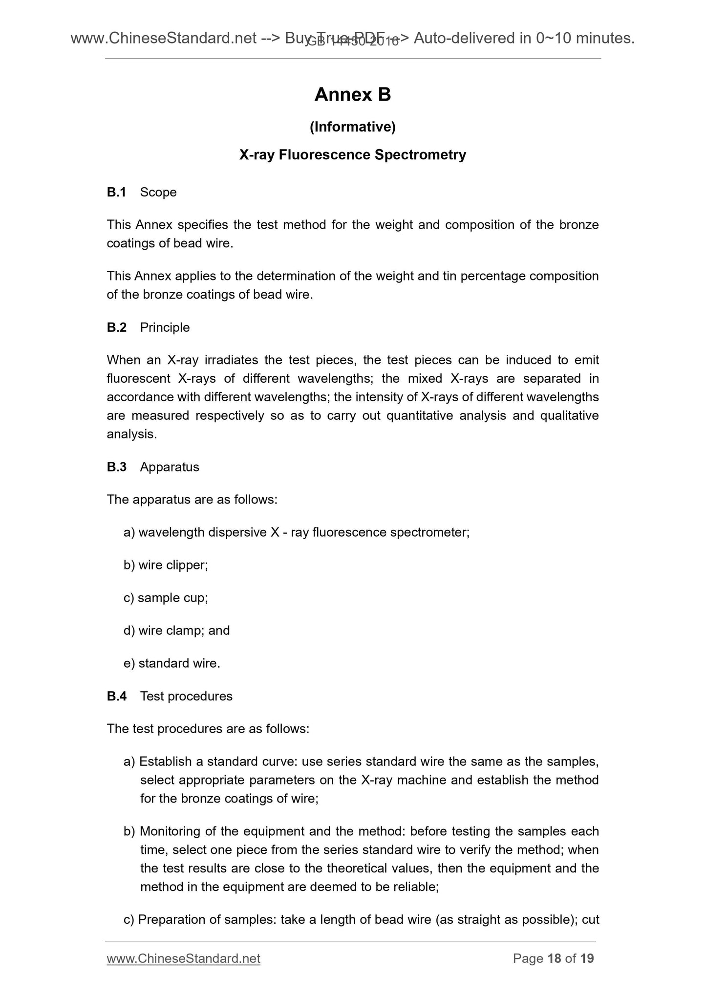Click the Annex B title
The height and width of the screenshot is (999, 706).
coord(352,95)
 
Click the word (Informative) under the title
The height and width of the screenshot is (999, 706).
coord(352,127)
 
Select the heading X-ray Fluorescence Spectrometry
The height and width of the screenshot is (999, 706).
coord(352,155)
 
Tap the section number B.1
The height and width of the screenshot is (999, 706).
coord(116,193)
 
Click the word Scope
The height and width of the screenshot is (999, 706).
coord(158,193)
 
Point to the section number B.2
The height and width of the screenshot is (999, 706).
coord(116,327)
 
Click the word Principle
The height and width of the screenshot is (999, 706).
coord(165,327)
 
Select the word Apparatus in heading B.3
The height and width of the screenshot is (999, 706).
coord(170,467)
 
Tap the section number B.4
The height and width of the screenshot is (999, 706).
coord(116,696)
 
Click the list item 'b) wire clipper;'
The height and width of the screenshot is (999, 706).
coord(166,565)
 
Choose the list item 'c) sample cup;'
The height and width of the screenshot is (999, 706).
coord(166,598)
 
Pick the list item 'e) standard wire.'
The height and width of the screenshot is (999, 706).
coord(171,664)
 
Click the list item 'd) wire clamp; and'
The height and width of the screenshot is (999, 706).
coord(176,631)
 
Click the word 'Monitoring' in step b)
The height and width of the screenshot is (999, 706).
coord(170,831)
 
